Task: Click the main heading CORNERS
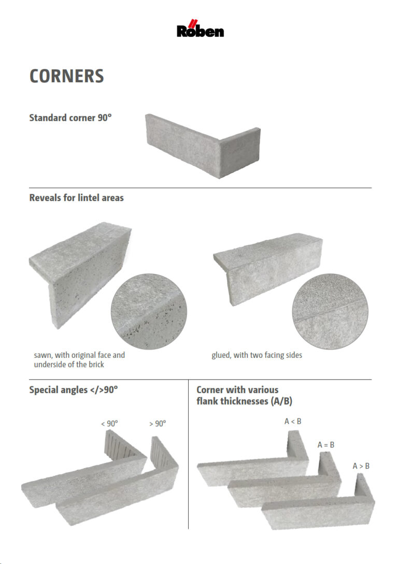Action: pos(66,76)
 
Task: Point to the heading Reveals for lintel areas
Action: pos(76,197)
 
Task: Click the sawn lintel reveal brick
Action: pos(78,269)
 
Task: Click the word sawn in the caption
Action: pos(42,355)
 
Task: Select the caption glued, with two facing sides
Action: pos(257,355)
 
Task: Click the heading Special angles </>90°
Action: pos(74,389)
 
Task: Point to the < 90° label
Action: pos(109,424)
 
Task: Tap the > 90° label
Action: pos(158,424)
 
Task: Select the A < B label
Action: pos(293,422)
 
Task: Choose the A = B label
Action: pos(325,445)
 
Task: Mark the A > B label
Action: pos(361,466)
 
